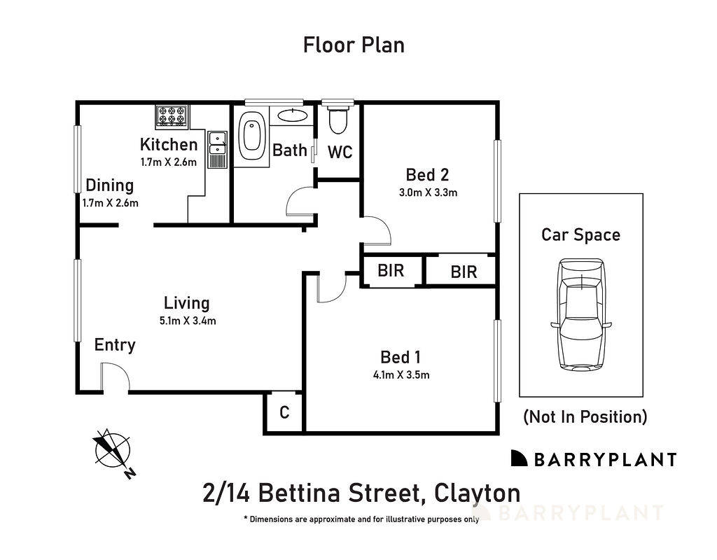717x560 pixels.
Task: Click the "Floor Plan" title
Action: click(x=354, y=45)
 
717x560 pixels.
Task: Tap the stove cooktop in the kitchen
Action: click(x=172, y=115)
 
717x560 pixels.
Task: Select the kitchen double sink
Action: click(x=217, y=143)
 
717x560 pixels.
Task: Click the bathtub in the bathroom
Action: click(x=250, y=136)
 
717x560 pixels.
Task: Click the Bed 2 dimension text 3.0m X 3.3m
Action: click(x=427, y=192)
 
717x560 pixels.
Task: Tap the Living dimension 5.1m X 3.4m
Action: click(x=186, y=321)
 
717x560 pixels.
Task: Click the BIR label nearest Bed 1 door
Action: click(x=391, y=271)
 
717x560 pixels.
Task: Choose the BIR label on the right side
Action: click(x=464, y=272)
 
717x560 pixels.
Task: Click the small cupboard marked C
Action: click(x=284, y=413)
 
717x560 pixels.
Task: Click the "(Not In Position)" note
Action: click(x=585, y=417)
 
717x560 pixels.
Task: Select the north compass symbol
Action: click(x=112, y=450)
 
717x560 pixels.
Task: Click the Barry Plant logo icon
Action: click(x=519, y=458)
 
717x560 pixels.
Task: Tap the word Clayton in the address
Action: click(x=478, y=493)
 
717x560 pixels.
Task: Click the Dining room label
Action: click(x=109, y=185)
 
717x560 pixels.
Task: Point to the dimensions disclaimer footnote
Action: click(x=361, y=519)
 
